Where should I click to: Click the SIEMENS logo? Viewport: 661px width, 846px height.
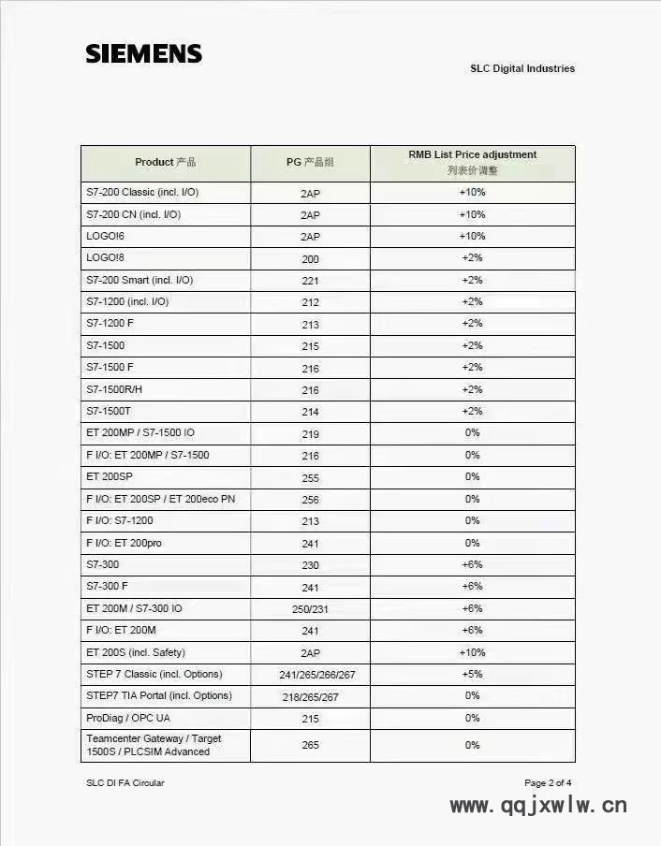point(143,53)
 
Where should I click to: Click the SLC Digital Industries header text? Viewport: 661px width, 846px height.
point(521,68)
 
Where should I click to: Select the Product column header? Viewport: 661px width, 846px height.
point(165,162)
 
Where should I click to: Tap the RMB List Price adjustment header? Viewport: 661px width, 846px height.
point(472,162)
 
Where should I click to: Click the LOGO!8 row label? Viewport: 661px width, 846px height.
point(105,258)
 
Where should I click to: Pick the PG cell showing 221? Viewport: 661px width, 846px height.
point(310,281)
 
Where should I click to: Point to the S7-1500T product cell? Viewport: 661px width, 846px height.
point(110,411)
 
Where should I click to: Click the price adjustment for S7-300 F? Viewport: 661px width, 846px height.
point(471,586)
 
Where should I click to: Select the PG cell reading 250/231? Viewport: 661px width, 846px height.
point(310,609)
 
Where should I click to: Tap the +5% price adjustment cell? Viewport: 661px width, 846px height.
point(471,674)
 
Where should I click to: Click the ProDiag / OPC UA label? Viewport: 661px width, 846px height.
point(128,718)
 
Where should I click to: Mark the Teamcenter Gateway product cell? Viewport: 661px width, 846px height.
point(154,745)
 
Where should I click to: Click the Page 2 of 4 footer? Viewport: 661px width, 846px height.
point(548,783)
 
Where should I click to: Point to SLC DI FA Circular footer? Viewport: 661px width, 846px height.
point(125,783)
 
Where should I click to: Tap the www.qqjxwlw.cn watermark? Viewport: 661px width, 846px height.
point(538,805)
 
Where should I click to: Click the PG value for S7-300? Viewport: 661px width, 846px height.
point(310,565)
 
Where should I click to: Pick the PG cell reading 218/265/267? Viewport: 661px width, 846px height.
point(310,697)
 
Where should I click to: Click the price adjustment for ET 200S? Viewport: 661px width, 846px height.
point(471,652)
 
